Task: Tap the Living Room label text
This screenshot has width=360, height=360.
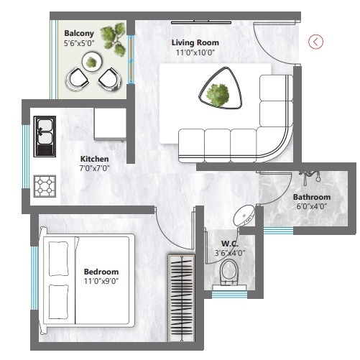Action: pyautogui.click(x=195, y=43)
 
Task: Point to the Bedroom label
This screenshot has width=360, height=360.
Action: pyautogui.click(x=101, y=272)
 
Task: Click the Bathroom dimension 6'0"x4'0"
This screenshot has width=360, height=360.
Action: pyautogui.click(x=311, y=206)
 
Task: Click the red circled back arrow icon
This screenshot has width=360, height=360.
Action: pyautogui.click(x=315, y=41)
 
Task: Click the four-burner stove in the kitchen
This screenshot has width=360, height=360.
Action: pyautogui.click(x=45, y=187)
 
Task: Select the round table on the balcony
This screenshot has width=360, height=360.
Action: pyautogui.click(x=92, y=63)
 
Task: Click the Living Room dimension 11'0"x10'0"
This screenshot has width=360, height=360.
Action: pyautogui.click(x=195, y=52)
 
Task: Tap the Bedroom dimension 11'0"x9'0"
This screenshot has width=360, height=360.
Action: pyautogui.click(x=101, y=281)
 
